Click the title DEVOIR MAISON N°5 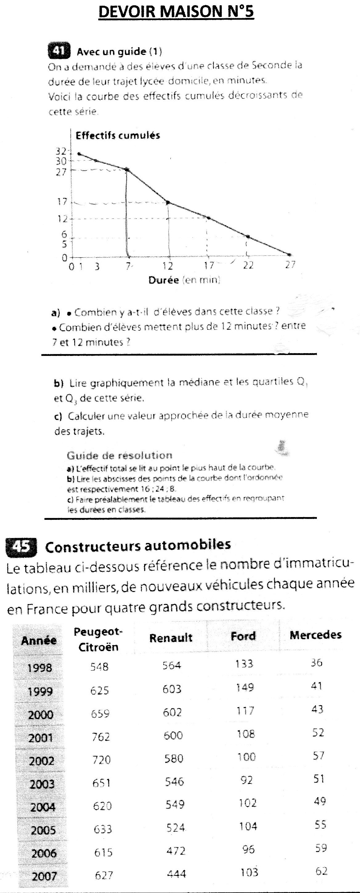176,12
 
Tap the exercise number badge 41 59,51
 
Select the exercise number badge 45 22,546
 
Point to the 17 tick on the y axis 63,202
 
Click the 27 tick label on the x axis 290,265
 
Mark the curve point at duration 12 168,202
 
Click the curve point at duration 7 127,169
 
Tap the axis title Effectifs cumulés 118,136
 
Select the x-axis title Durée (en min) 184,280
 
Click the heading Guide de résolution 119,455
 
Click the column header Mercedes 315,635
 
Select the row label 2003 42,784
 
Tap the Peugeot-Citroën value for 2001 101,736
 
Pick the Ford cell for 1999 245,687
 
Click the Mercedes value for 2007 321,871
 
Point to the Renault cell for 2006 176,851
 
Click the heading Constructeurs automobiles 138,546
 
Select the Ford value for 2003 246,780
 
